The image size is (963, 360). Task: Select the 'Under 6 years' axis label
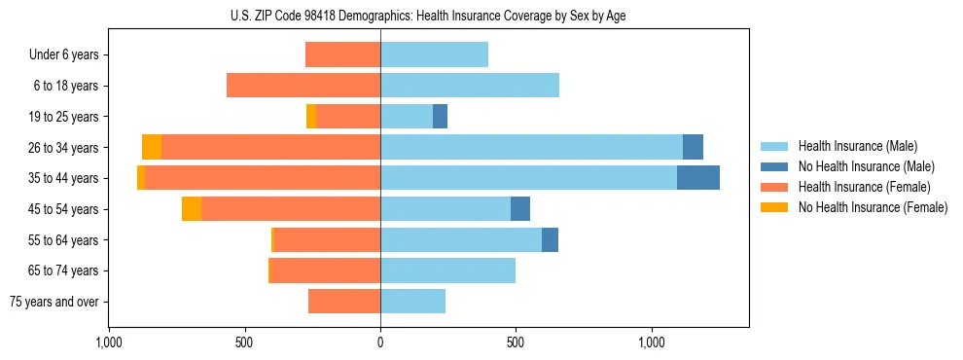pos(64,55)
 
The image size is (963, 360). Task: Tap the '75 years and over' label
pos(54,302)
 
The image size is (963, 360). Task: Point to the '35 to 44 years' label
pos(64,178)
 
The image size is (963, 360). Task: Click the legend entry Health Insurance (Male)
pos(857,146)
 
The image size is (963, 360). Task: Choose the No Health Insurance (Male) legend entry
pos(866,166)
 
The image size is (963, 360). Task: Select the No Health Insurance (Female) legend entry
pos(872,207)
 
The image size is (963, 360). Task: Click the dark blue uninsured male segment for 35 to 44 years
pos(698,178)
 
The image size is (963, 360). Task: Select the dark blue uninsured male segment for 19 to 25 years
pos(440,117)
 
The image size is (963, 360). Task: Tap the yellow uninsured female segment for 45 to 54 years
pos(192,209)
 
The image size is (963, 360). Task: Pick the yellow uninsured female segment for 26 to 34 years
pos(152,147)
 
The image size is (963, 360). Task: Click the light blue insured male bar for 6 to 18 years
pos(470,86)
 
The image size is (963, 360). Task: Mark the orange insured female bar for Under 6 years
pos(342,55)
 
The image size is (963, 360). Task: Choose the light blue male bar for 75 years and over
pos(412,302)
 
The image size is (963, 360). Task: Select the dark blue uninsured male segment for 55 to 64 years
pos(550,239)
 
